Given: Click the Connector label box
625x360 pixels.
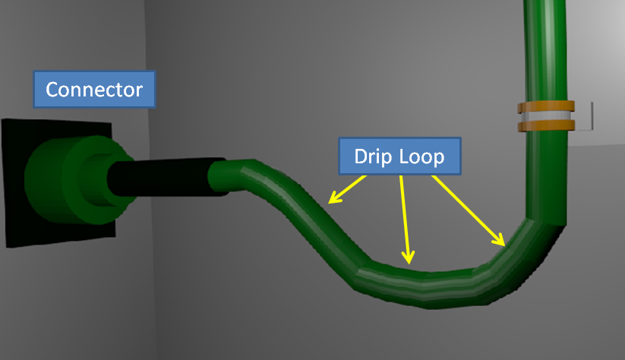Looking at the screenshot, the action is coord(94,90).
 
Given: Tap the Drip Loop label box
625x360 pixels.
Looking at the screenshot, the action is coord(399,156).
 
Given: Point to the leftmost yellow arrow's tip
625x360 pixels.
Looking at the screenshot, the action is coord(329,204).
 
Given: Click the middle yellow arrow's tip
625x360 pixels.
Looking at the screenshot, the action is coord(409,264).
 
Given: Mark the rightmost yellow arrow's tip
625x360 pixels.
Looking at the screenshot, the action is coord(504,246).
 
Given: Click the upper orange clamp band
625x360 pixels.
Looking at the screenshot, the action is coord(546,106).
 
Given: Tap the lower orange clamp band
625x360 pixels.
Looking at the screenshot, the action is coord(546,125).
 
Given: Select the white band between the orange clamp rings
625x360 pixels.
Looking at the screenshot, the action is coord(546,116).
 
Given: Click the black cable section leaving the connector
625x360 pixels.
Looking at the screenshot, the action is coord(167,178).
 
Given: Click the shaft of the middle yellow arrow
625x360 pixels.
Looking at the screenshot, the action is coord(405,219).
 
